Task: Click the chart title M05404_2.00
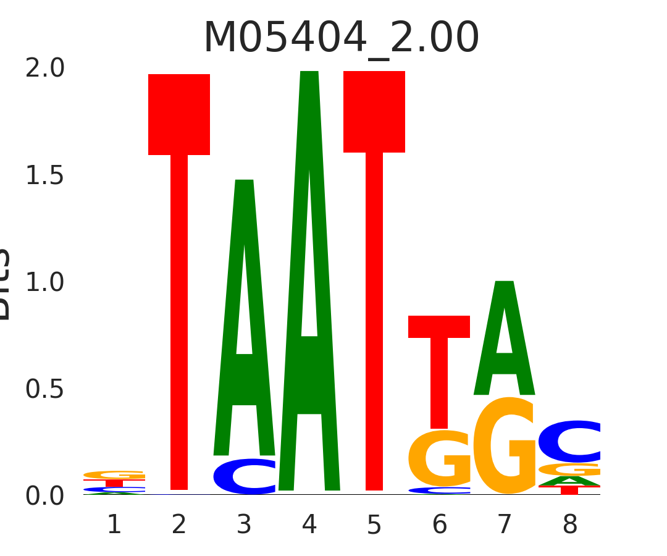click(x=341, y=38)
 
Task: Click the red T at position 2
click(x=179, y=247)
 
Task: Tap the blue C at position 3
click(x=245, y=476)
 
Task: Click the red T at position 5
click(x=374, y=247)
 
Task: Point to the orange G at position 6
click(x=439, y=458)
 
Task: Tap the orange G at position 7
click(x=505, y=446)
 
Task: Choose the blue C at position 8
click(x=569, y=442)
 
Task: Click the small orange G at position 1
click(x=114, y=475)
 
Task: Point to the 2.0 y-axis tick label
click(x=45, y=69)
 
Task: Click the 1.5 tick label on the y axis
click(x=45, y=176)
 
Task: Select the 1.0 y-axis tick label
click(x=45, y=283)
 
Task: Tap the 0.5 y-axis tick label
click(x=45, y=390)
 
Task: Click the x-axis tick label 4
click(x=309, y=525)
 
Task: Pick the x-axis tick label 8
click(x=569, y=525)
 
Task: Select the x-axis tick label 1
click(x=114, y=525)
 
